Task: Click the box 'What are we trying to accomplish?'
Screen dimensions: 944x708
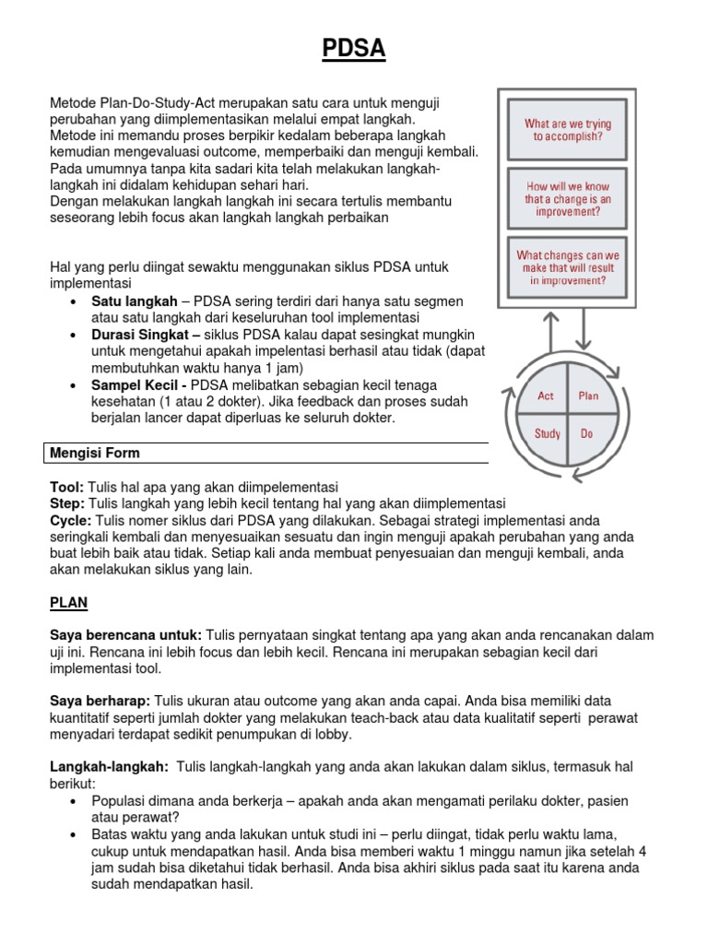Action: click(x=567, y=129)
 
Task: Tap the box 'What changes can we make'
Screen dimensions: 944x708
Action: click(x=567, y=268)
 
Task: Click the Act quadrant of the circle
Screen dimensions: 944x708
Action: click(x=547, y=396)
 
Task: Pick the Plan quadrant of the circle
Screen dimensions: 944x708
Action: click(x=587, y=396)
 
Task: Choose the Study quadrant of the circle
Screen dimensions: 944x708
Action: click(x=547, y=433)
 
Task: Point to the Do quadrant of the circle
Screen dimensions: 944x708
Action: click(x=586, y=433)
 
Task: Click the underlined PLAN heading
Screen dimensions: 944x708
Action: click(x=68, y=602)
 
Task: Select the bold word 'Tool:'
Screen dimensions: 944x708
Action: click(x=66, y=487)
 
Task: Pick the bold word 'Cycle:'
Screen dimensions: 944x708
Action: click(x=70, y=520)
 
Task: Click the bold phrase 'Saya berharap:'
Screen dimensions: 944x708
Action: click(x=100, y=702)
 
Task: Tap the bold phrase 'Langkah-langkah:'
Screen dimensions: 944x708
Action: click(x=109, y=767)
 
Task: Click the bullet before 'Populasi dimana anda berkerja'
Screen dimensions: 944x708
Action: click(x=73, y=800)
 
